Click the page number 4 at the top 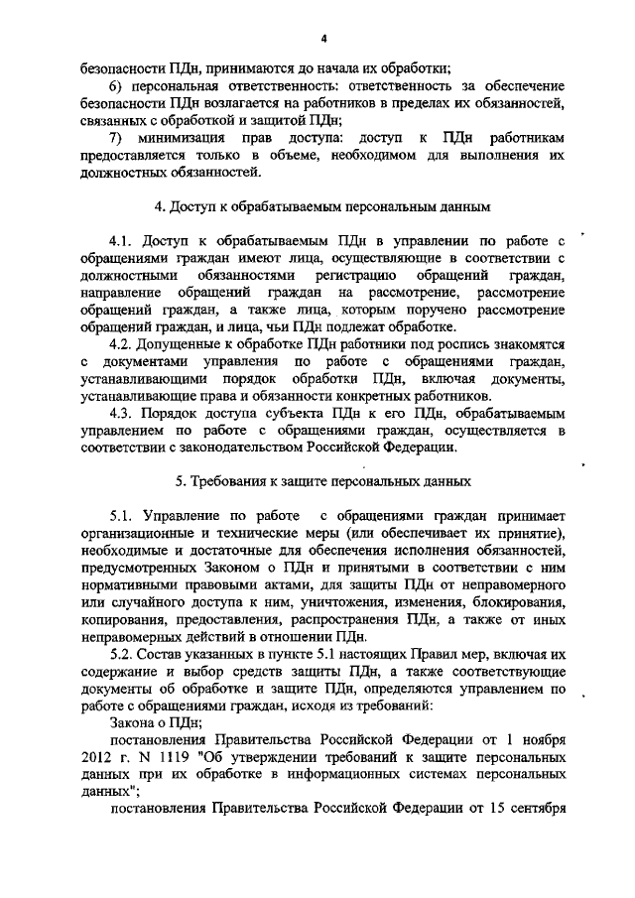323,39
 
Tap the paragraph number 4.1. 122,241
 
